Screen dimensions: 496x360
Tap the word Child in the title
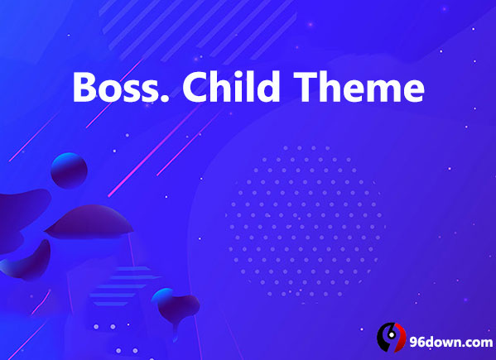[231, 86]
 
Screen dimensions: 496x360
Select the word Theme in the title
[359, 86]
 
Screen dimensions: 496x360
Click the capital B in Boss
[84, 87]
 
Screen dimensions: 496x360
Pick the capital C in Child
[195, 87]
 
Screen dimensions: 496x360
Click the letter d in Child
[268, 87]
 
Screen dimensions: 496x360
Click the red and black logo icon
[392, 337]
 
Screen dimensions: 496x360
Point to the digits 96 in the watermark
[419, 342]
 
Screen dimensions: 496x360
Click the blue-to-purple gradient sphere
[69, 170]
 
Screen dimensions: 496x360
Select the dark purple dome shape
[89, 222]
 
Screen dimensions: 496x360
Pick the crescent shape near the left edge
[28, 261]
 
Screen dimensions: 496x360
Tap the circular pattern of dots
[305, 221]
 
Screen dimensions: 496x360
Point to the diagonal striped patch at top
[199, 30]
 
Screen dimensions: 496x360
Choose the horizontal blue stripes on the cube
[123, 286]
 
